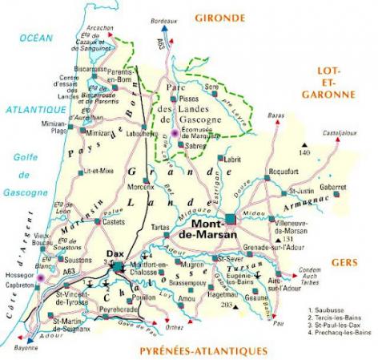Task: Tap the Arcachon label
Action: coord(99,26)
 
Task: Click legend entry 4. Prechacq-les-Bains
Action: coord(340,332)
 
